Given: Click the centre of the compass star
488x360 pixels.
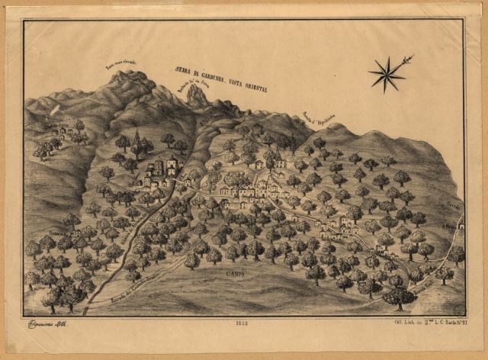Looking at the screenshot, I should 387,75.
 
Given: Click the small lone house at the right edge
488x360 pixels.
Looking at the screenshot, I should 461,224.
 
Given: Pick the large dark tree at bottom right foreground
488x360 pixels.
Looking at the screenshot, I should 398,296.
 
